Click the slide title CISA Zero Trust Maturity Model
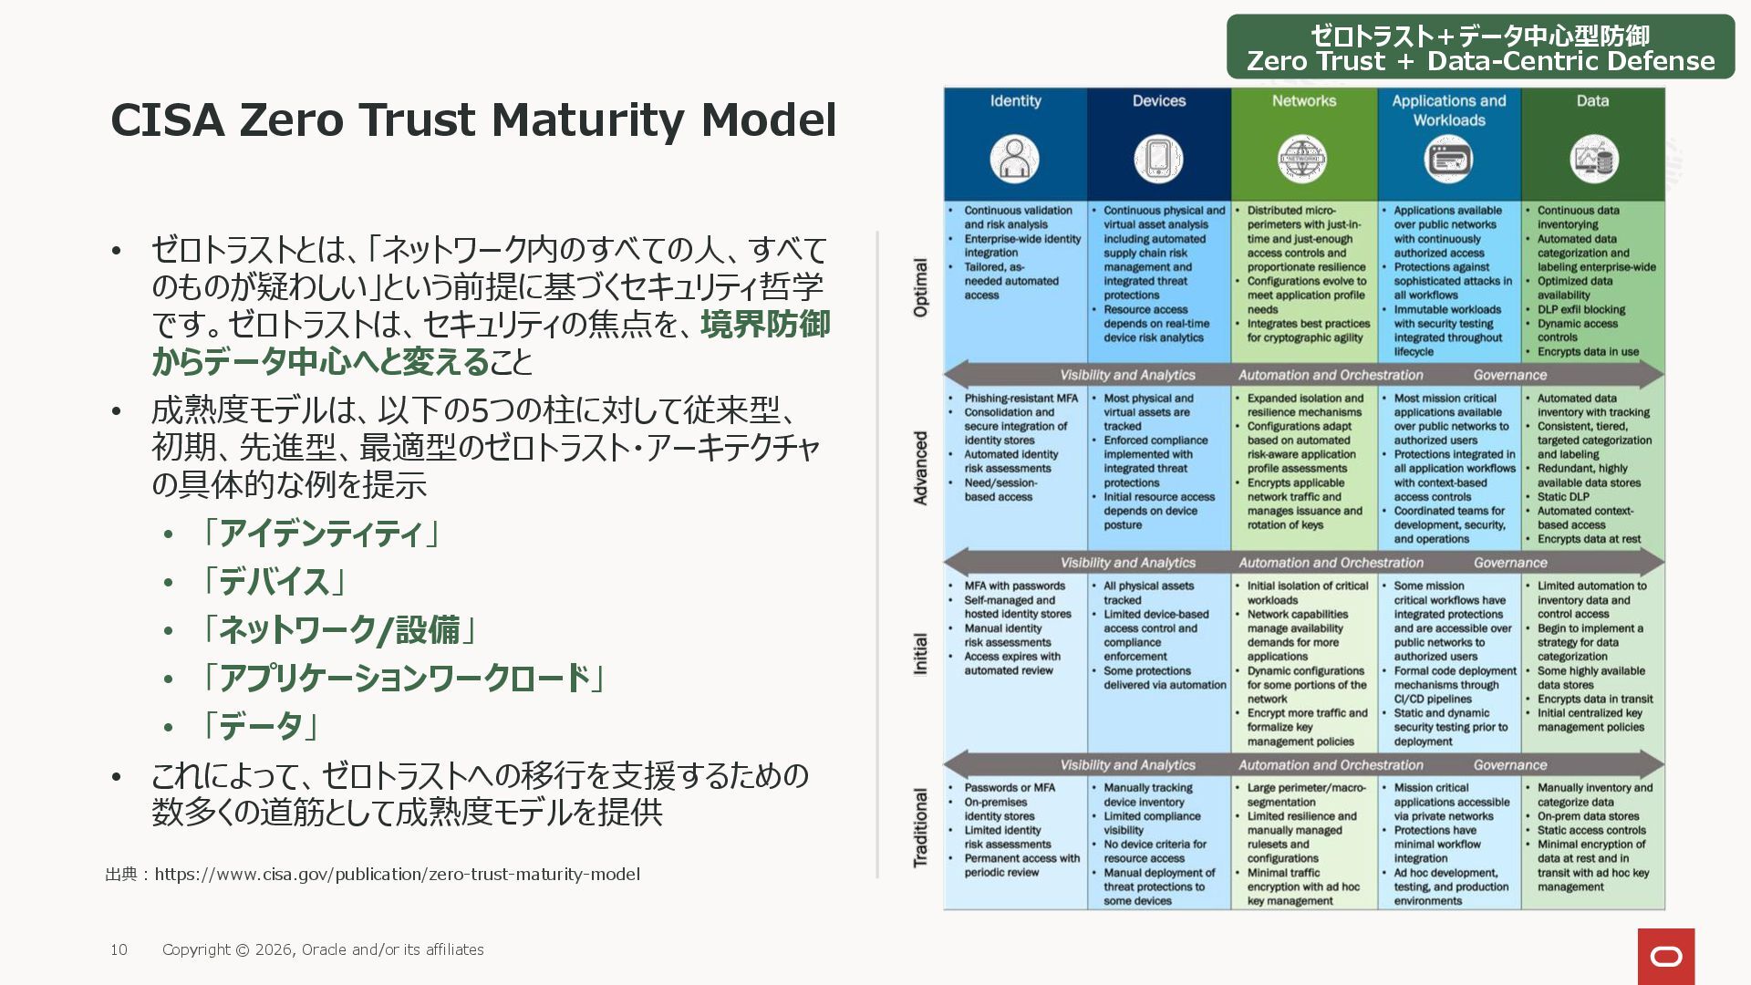[x=473, y=119]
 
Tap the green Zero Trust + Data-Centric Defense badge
[x=1480, y=47]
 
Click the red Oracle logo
[x=1666, y=956]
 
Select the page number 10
[x=119, y=949]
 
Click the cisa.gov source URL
[x=397, y=874]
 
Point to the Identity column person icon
[x=1014, y=159]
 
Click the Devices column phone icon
[x=1158, y=159]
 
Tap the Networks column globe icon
[x=1302, y=159]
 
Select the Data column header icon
[x=1593, y=159]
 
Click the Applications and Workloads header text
[x=1449, y=110]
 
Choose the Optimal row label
[x=921, y=288]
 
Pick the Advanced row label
[x=921, y=468]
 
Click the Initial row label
[x=921, y=654]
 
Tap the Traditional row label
[x=921, y=828]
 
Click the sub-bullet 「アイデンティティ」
[x=320, y=533]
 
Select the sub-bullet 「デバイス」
[x=273, y=581]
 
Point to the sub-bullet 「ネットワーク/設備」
[x=337, y=629]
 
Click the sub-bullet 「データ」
[x=259, y=726]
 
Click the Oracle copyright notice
[x=323, y=949]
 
